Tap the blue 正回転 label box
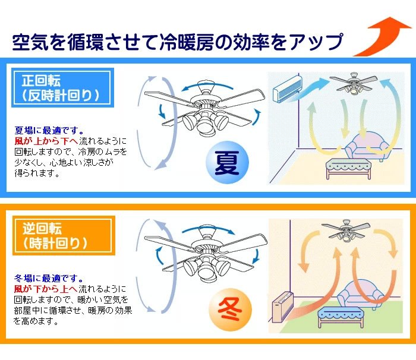point(62,87)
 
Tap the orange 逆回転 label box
point(64,236)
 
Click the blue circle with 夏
point(228,162)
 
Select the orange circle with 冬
point(230,310)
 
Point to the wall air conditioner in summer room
point(288,89)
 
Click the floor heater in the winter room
point(283,307)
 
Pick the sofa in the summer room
point(367,147)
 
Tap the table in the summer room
point(348,169)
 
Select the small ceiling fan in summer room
point(354,84)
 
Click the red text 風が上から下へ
point(46,141)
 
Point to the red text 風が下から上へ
point(46,289)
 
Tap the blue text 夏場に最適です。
point(49,130)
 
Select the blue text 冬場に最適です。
point(49,278)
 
